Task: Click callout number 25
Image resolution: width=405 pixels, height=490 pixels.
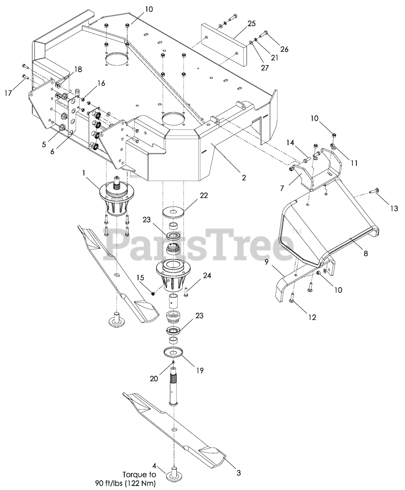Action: pos(252,24)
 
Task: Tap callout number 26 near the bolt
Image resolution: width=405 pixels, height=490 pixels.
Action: pos(284,49)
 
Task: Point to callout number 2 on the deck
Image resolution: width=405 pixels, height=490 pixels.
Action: pos(244,178)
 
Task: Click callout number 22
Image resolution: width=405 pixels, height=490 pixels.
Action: pos(204,195)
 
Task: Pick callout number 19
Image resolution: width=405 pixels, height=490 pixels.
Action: pos(200,370)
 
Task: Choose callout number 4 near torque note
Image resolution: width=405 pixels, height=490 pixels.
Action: pos(154,466)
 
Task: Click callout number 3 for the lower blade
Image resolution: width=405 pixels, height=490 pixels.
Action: pos(239,473)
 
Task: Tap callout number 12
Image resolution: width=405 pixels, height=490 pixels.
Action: pos(312,317)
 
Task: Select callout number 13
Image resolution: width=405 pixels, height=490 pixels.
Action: pos(394,208)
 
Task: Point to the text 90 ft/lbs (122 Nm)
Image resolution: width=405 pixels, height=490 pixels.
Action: pos(125,483)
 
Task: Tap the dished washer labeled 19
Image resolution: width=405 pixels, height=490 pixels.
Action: pos(176,352)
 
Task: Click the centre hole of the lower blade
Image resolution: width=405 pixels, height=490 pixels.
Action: pos(175,431)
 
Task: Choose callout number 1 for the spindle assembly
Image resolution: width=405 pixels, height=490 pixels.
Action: pos(84,173)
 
